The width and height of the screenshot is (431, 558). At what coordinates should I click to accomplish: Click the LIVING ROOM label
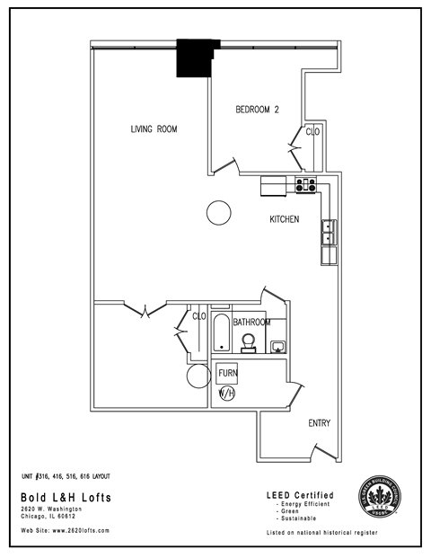click(154, 129)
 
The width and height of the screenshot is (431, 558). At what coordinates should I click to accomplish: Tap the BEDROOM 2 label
click(258, 110)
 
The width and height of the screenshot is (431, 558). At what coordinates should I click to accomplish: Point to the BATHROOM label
click(251, 322)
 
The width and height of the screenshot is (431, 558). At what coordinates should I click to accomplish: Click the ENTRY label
click(320, 423)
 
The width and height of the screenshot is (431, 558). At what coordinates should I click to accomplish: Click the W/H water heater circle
click(226, 394)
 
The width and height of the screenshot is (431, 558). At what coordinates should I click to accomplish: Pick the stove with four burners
click(306, 186)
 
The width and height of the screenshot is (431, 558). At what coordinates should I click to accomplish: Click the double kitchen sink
click(329, 233)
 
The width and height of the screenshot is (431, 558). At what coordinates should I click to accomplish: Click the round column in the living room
click(218, 213)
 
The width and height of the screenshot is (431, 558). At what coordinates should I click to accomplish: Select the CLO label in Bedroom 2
click(313, 132)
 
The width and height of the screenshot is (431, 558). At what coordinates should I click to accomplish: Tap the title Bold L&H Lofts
click(60, 496)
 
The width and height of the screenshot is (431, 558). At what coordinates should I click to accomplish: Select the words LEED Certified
click(301, 495)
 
